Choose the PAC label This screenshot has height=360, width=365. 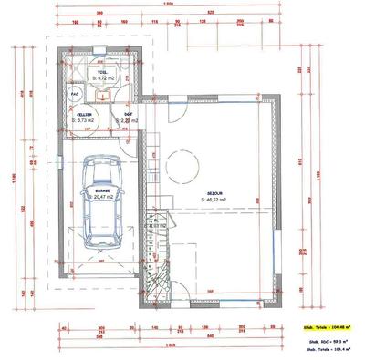pyautogui.click(x=73, y=92)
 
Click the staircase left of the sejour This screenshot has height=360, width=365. pyautogui.click(x=161, y=264)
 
